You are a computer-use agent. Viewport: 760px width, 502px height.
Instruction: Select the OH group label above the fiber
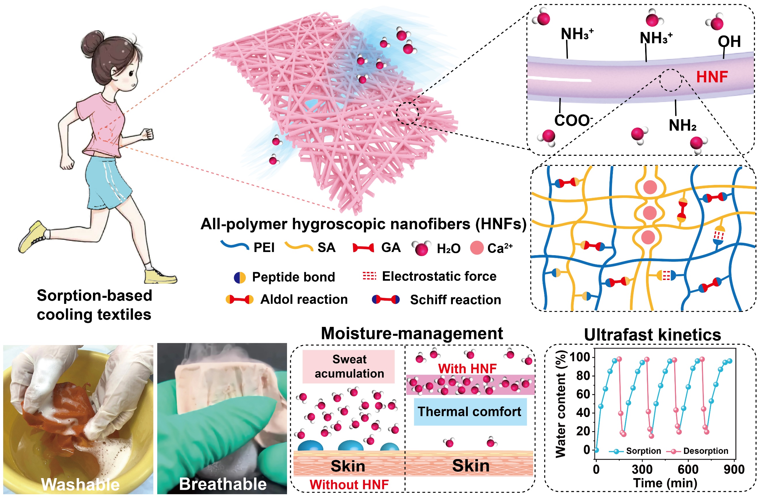[729, 42]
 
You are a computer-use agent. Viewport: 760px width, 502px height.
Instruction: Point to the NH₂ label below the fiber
[682, 126]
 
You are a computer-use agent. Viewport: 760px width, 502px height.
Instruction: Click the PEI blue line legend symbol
[235, 246]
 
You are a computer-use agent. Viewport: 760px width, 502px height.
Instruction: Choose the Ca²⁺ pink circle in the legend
[476, 248]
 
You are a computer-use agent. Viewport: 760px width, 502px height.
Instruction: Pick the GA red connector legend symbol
[363, 248]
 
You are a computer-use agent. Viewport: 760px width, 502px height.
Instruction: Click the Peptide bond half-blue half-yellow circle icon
[240, 278]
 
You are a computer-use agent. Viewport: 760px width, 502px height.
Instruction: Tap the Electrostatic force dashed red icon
[369, 276]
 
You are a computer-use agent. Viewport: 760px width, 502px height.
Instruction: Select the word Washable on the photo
[80, 484]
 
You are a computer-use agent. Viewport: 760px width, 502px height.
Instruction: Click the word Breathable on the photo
[223, 484]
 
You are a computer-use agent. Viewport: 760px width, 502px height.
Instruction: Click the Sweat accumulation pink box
[349, 367]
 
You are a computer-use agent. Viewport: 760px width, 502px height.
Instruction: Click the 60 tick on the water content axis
[583, 395]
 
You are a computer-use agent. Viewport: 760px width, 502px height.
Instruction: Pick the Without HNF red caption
[349, 485]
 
